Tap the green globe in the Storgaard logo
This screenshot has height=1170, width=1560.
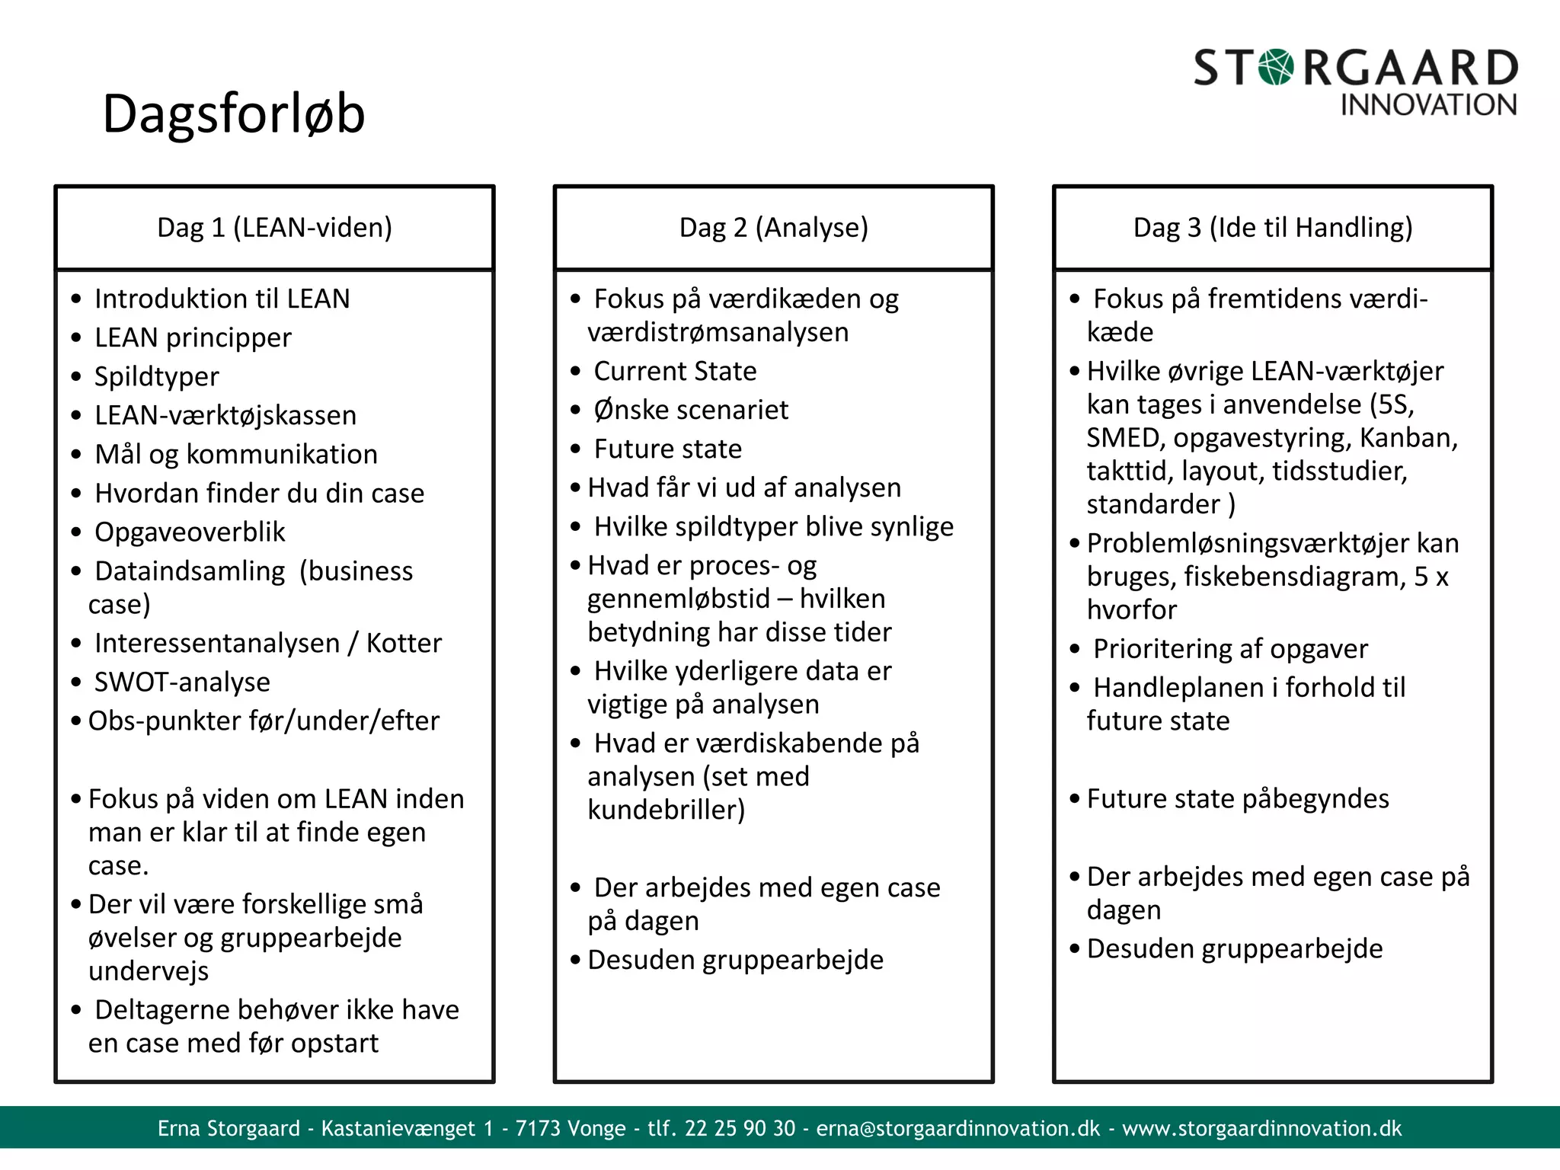pos(1277,67)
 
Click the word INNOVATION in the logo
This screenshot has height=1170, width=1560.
pos(1428,105)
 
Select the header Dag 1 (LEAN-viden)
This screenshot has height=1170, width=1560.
pos(274,227)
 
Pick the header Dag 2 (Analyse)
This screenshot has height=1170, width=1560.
pos(773,227)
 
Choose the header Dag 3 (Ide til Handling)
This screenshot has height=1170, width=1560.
pos(1273,227)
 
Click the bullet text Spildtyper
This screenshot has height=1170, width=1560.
pos(156,376)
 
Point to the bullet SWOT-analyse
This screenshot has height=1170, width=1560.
pos(182,682)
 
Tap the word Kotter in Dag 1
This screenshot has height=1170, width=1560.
pos(404,643)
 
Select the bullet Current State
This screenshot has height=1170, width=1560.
pos(675,371)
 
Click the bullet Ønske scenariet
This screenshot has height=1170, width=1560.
pos(691,410)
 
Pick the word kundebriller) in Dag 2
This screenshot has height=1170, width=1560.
pos(666,810)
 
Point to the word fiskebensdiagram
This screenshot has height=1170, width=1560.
pos(1295,577)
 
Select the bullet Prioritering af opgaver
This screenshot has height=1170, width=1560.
pos(1230,649)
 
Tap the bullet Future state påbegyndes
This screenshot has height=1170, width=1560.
pos(1238,798)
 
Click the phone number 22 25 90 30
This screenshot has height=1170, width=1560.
pos(740,1128)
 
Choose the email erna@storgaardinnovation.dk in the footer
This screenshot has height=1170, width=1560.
pos(958,1128)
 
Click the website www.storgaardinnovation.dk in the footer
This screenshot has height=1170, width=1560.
pos(1261,1128)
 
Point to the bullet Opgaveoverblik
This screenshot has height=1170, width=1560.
pos(190,532)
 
